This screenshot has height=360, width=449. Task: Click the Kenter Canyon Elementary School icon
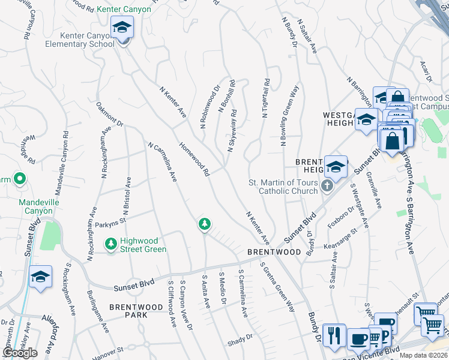pos(122,28)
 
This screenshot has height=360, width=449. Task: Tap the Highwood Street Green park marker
pos(110,244)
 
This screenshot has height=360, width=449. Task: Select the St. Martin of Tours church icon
pos(327,185)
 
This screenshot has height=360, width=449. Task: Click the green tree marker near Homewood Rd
pos(205,224)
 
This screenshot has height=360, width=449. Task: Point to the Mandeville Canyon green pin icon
pos(19,178)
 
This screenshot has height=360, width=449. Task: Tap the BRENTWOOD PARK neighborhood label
pos(136,307)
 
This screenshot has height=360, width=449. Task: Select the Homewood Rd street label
pos(194,159)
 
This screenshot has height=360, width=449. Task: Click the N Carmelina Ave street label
pos(161,161)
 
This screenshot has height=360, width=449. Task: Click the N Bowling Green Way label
pos(289,116)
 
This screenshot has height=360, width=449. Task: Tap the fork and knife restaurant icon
pos(333,335)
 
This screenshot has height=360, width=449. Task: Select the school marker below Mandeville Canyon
pos(40,277)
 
